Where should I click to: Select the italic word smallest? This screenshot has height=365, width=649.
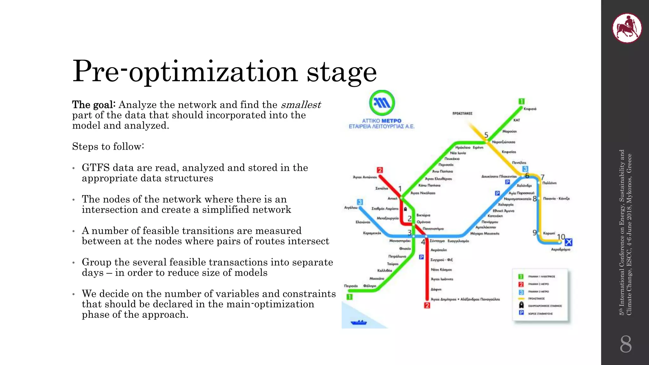tap(301, 105)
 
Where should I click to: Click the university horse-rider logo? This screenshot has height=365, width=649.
tap(627, 28)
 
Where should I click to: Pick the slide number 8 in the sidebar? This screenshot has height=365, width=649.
tap(626, 344)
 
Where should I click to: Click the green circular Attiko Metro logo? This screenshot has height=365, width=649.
tap(382, 103)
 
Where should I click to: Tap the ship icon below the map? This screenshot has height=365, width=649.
tap(359, 323)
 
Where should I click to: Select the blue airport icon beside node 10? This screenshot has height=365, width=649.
tap(569, 242)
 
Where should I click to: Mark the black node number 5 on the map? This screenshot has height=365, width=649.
tap(486, 135)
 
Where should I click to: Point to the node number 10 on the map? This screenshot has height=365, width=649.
tap(561, 237)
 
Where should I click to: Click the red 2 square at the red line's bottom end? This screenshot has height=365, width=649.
tap(427, 305)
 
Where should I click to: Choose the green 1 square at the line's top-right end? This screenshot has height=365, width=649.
tap(521, 101)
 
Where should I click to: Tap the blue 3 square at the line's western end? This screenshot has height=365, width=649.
tap(360, 202)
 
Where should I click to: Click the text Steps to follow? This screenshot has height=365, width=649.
tap(108, 146)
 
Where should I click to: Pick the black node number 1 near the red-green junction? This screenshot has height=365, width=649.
tap(400, 189)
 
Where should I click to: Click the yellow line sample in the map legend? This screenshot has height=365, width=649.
tap(521, 298)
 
